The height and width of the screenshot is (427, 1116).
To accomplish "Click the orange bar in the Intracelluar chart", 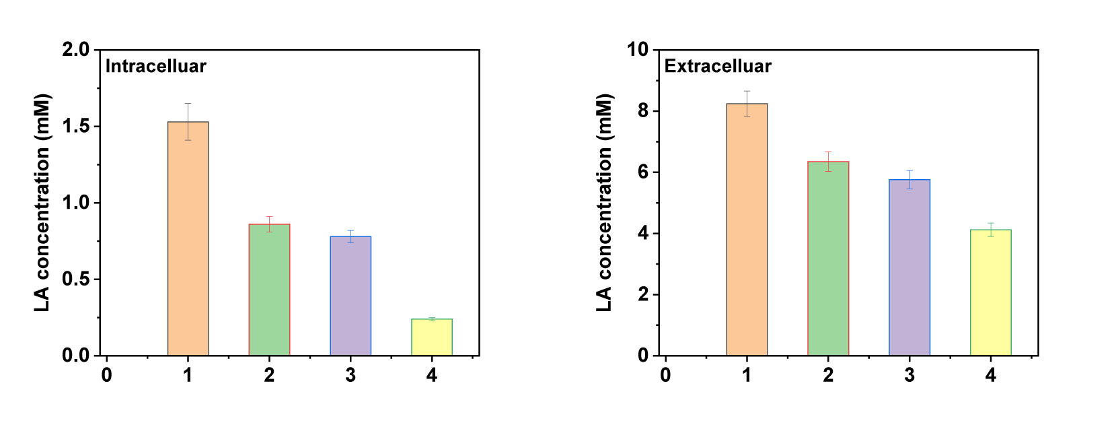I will tap(188, 238).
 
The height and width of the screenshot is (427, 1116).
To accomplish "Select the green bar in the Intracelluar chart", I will tap(269, 290).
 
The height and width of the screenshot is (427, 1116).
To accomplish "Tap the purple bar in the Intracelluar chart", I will tap(350, 296).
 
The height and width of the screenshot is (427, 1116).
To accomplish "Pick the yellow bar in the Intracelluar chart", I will tap(432, 337).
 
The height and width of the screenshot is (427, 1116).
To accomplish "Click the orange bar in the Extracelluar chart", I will tap(747, 229).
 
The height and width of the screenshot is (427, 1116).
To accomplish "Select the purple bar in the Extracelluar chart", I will tap(909, 267).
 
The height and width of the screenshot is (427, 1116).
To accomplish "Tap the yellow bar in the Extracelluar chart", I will tap(991, 292).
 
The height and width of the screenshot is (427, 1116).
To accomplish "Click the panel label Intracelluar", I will tap(155, 66).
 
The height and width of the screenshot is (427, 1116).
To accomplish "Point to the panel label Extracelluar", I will tap(718, 66).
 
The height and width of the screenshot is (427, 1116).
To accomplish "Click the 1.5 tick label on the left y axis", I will tap(75, 126).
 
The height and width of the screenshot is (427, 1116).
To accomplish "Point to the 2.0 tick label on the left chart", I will tap(75, 49).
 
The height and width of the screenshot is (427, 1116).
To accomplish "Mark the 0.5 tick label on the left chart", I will tap(75, 279).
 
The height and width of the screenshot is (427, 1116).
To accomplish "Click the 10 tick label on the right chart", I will tap(638, 49).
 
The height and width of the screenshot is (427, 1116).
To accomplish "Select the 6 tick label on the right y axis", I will tap(644, 172).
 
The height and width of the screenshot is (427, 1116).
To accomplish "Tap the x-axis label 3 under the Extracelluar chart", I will tap(909, 375).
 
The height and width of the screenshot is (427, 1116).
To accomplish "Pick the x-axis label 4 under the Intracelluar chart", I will tap(432, 375).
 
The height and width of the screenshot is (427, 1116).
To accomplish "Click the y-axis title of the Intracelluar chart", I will tap(42, 202).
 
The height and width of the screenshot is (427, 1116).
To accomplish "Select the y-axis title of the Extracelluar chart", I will tap(603, 202).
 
